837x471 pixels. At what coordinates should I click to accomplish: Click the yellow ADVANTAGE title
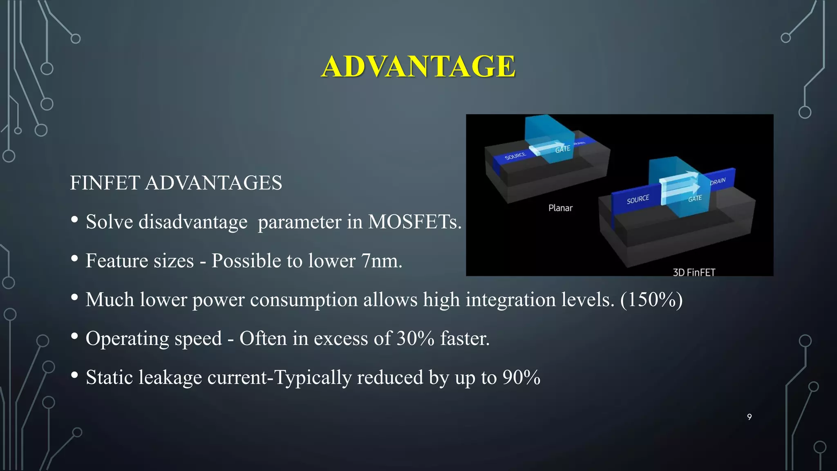point(418,66)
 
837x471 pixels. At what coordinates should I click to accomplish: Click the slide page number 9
point(749,417)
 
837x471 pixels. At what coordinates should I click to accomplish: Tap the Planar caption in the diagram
point(560,208)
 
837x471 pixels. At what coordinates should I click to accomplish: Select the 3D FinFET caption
point(694,272)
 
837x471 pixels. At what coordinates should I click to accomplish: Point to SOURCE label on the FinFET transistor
point(638,199)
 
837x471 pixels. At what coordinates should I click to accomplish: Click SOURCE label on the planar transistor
point(515,156)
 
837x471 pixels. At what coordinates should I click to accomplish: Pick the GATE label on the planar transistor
point(563,149)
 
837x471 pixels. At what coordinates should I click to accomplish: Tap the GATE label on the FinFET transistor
point(695,199)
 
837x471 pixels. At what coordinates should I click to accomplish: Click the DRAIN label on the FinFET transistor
point(718,181)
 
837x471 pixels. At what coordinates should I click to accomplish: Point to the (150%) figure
point(651,300)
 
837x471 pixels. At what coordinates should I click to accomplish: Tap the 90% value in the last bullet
point(521,377)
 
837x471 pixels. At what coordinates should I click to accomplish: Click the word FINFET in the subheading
point(105,183)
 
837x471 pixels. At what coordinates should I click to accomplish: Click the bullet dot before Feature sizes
point(74,258)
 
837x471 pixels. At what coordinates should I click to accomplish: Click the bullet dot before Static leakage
point(74,375)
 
